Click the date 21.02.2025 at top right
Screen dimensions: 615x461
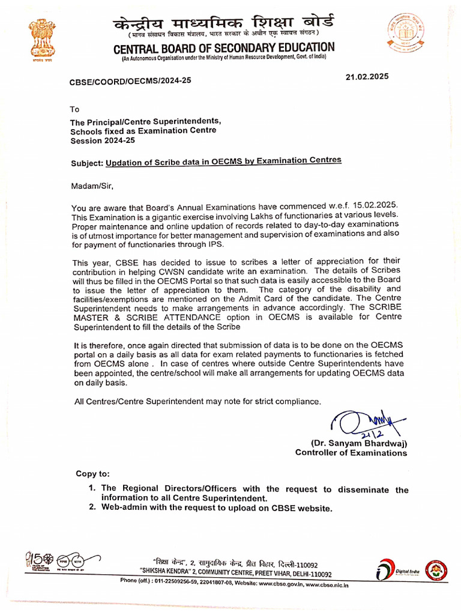367,76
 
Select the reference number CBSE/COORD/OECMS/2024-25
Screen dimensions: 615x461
130,80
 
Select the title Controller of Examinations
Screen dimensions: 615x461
351,453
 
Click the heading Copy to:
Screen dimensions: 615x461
92,474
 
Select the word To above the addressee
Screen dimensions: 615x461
74,109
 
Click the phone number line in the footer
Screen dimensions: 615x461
234,583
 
